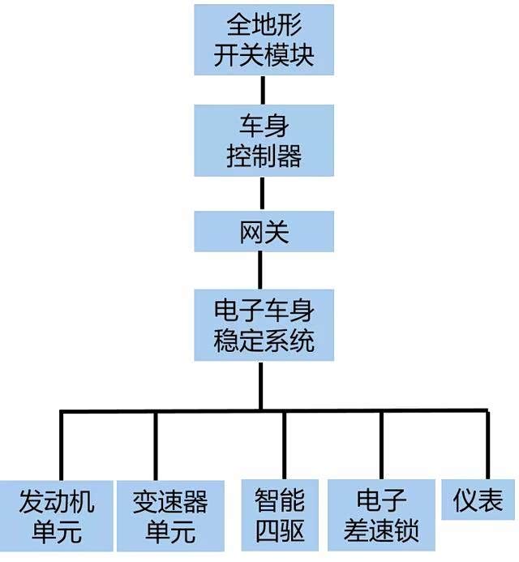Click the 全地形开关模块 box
click(x=264, y=40)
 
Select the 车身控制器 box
click(x=264, y=139)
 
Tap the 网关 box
click(x=264, y=232)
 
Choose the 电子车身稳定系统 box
click(x=264, y=325)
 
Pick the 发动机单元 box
click(x=56, y=516)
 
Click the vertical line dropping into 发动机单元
click(x=62, y=446)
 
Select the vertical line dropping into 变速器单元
click(x=155, y=446)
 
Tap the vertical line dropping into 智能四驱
click(x=284, y=446)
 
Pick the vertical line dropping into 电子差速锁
click(x=382, y=446)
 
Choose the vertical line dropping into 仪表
click(x=488, y=446)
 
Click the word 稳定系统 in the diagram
click(x=264, y=341)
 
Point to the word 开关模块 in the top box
click(x=264, y=56)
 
